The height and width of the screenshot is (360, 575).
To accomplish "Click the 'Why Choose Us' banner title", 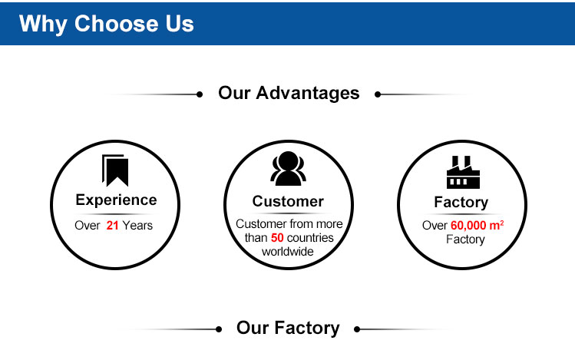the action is coord(107,24).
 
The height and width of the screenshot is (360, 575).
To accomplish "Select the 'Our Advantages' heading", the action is coord(289,93).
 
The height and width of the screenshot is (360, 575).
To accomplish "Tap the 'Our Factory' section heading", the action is coord(288,328).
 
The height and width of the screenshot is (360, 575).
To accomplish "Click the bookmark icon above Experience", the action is coord(115,170).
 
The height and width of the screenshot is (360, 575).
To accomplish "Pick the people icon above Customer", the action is coord(288,168).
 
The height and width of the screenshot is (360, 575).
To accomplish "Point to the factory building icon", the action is coord(463,172).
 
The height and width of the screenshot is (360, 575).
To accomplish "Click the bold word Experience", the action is coord(116,200).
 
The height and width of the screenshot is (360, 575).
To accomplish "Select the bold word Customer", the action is coord(288,201).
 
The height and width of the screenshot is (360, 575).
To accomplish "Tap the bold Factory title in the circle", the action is coord(461,203).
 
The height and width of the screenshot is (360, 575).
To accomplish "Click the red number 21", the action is coord(112,225).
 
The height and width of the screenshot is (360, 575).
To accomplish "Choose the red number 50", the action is coord(277,237).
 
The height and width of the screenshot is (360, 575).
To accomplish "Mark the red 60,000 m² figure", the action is coord(477,225).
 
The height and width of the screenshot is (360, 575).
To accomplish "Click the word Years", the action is coord(137,225).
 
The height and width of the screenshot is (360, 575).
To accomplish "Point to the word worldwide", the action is coord(287,252).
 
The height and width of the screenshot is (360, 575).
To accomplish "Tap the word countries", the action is coord(310,237).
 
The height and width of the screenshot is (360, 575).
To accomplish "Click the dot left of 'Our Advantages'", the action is coord(200,94).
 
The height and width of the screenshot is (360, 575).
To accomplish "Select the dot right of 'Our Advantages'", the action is coord(378,94).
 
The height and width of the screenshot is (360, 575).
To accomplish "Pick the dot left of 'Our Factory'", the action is coord(219,329).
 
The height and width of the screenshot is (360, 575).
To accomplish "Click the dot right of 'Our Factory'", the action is coord(357,329).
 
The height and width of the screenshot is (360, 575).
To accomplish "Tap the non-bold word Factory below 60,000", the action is coord(465,239).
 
